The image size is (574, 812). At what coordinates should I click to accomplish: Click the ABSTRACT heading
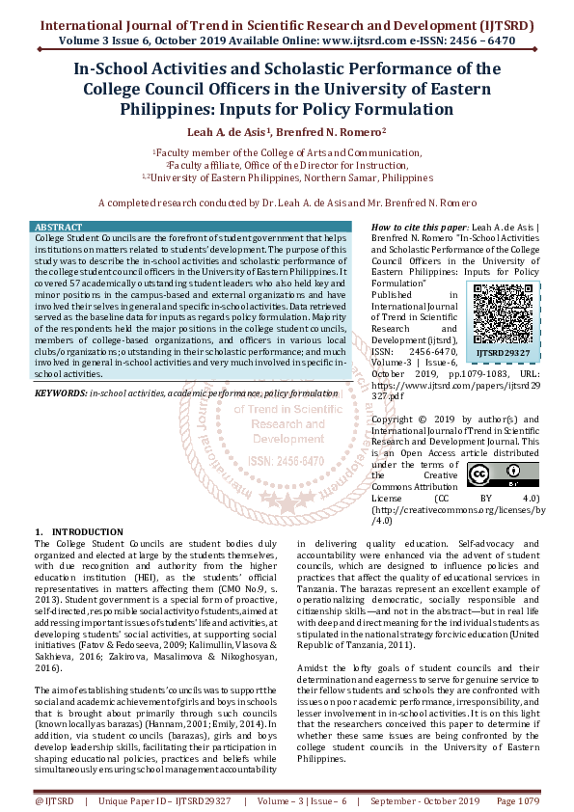[x=58, y=228]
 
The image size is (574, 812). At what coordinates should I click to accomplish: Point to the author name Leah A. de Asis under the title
[x=229, y=131]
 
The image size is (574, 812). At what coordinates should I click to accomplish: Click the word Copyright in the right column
[x=396, y=419]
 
